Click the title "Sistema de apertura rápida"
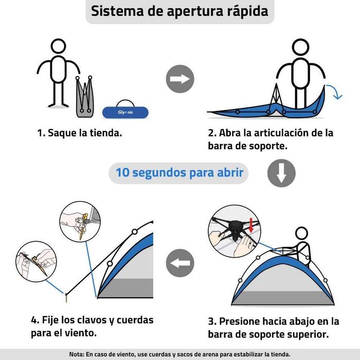(179, 12)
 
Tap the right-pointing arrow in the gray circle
(179, 79)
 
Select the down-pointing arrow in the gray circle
(281, 173)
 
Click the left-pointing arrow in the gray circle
(179, 263)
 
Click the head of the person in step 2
(300, 47)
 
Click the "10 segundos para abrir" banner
(179, 173)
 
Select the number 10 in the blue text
(123, 173)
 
